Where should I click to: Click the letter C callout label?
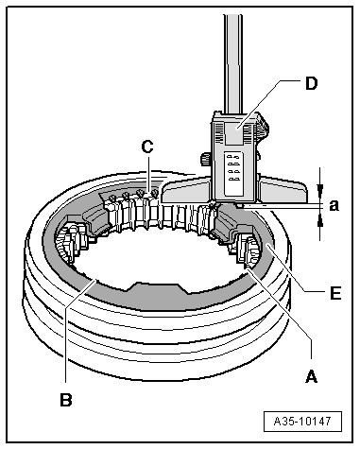146,147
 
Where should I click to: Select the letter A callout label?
309,375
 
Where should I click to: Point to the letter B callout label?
65,400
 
